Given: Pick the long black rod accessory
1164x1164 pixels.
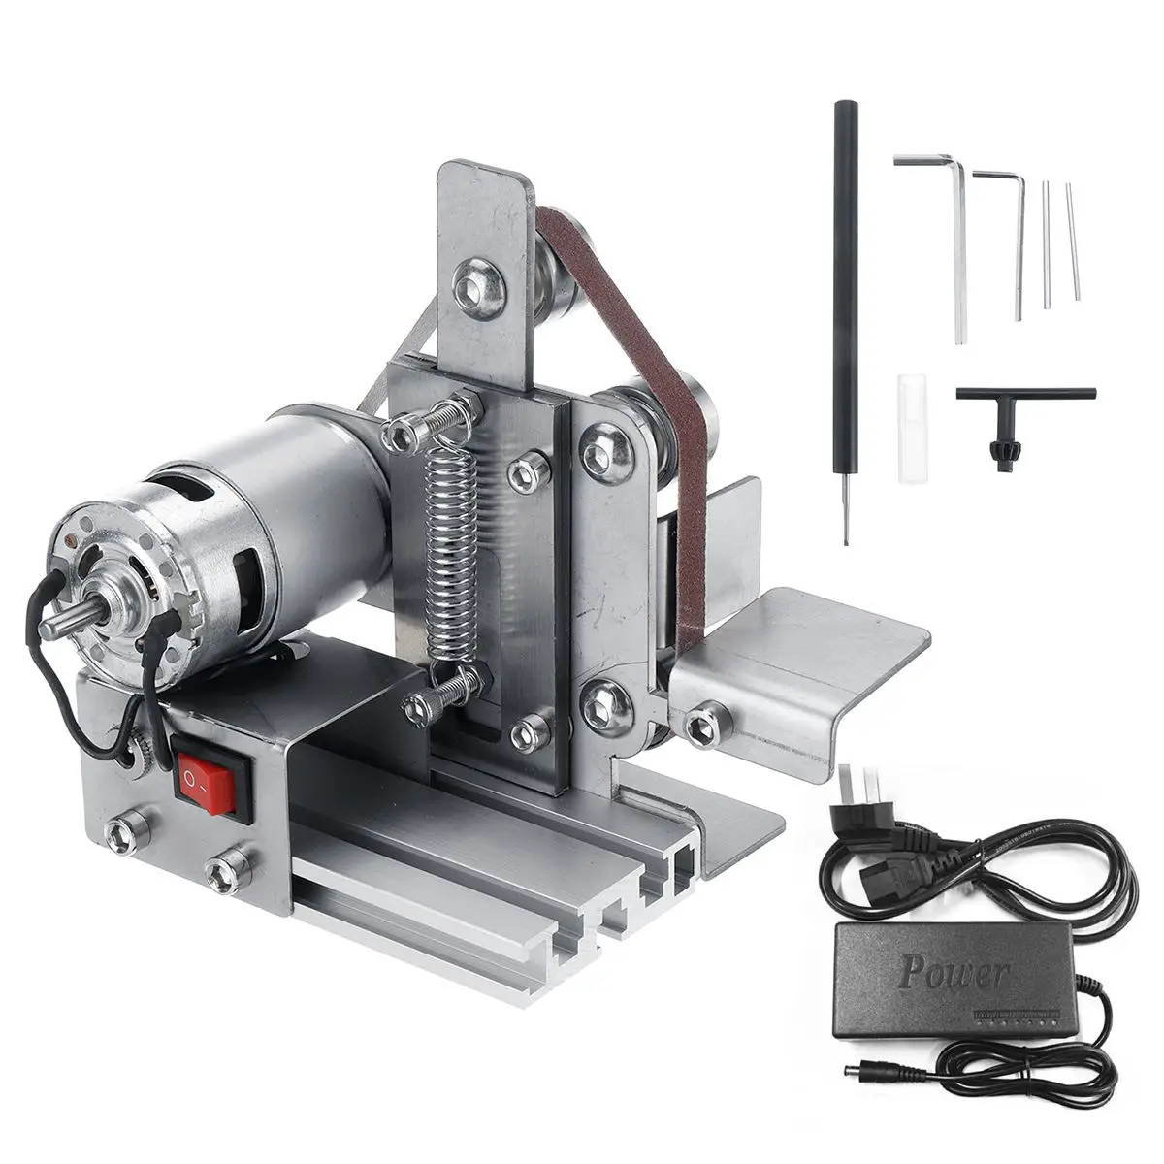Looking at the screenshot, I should (837, 320).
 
